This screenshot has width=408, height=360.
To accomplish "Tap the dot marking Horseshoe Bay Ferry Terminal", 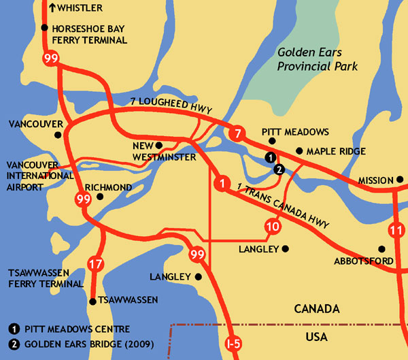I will coord(44,28).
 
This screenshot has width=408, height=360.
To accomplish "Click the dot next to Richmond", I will coord(99,197).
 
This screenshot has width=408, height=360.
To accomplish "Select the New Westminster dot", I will coord(158,145).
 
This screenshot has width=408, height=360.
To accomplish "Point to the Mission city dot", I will coord(398,180).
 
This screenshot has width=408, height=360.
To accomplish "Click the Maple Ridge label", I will coord(336,151).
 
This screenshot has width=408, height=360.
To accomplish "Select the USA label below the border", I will coord(316,337).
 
